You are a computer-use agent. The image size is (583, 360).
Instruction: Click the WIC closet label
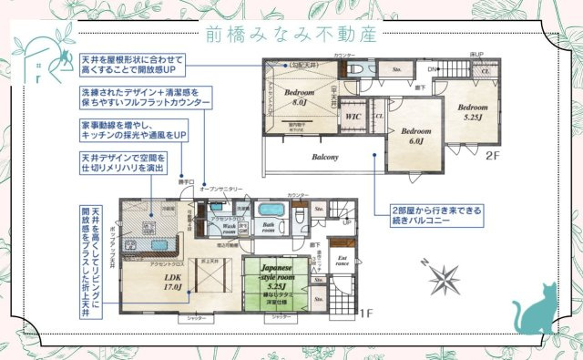(x=352, y=117)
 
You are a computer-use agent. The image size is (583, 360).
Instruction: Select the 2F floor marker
(x=493, y=155)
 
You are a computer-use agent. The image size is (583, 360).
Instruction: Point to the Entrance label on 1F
(x=343, y=262)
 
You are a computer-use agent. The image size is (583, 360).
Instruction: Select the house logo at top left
(x=41, y=59)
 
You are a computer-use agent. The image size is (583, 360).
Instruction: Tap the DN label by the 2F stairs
(x=431, y=68)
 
